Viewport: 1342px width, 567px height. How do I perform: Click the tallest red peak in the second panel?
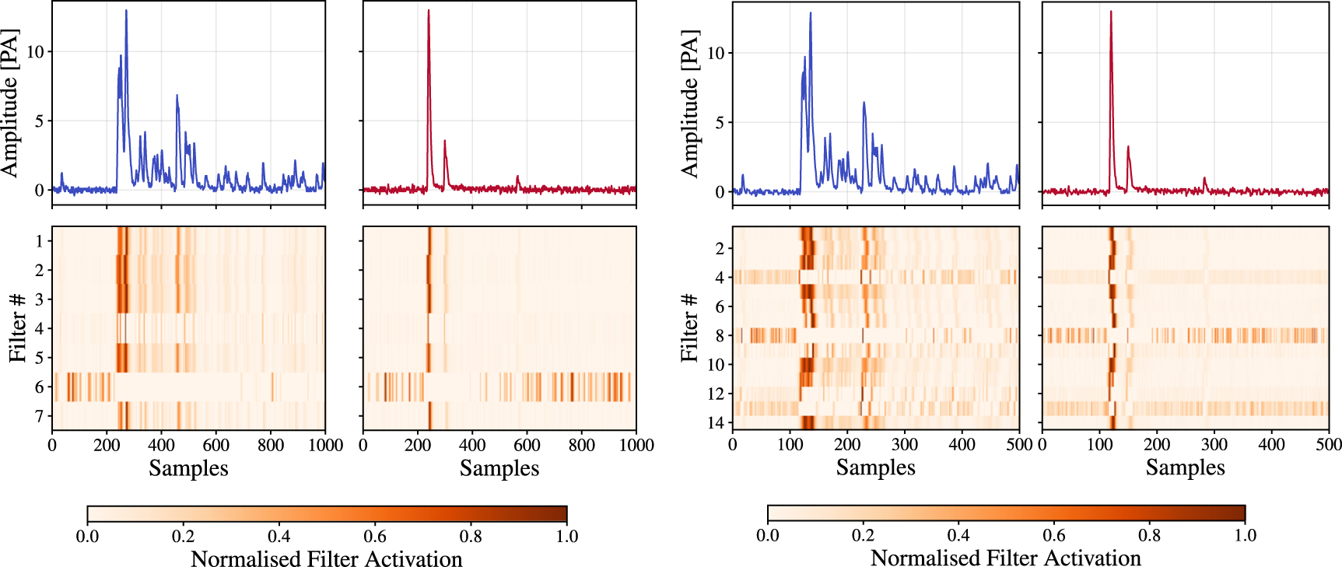[429, 12]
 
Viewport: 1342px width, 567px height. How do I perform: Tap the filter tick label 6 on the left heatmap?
[39, 387]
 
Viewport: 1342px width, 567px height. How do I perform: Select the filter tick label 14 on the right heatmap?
[715, 422]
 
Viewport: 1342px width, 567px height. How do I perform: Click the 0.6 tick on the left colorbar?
[375, 536]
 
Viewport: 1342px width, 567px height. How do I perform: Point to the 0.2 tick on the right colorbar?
[863, 535]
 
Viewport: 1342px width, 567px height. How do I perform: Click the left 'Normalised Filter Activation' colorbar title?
[326, 558]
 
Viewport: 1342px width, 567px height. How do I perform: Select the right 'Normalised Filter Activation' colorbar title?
[1005, 558]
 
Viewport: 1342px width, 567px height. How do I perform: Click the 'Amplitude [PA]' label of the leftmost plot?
[9, 103]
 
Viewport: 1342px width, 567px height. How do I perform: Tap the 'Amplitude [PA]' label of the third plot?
[689, 103]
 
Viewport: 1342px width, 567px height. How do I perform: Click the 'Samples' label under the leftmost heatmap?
[188, 468]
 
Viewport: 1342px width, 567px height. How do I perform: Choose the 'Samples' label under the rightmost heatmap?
[1185, 467]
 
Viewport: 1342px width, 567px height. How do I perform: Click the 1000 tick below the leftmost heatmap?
[325, 445]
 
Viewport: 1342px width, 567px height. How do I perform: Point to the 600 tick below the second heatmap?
[527, 445]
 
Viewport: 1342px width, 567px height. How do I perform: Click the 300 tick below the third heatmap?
[904, 444]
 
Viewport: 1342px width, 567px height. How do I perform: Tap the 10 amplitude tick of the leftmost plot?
[35, 52]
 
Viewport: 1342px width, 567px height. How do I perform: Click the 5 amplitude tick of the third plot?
[720, 122]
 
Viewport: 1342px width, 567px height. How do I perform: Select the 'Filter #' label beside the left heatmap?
[18, 327]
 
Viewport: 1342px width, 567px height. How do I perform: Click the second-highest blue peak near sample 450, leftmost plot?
[177, 96]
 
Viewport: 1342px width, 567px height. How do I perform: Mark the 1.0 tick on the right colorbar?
[1245, 535]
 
